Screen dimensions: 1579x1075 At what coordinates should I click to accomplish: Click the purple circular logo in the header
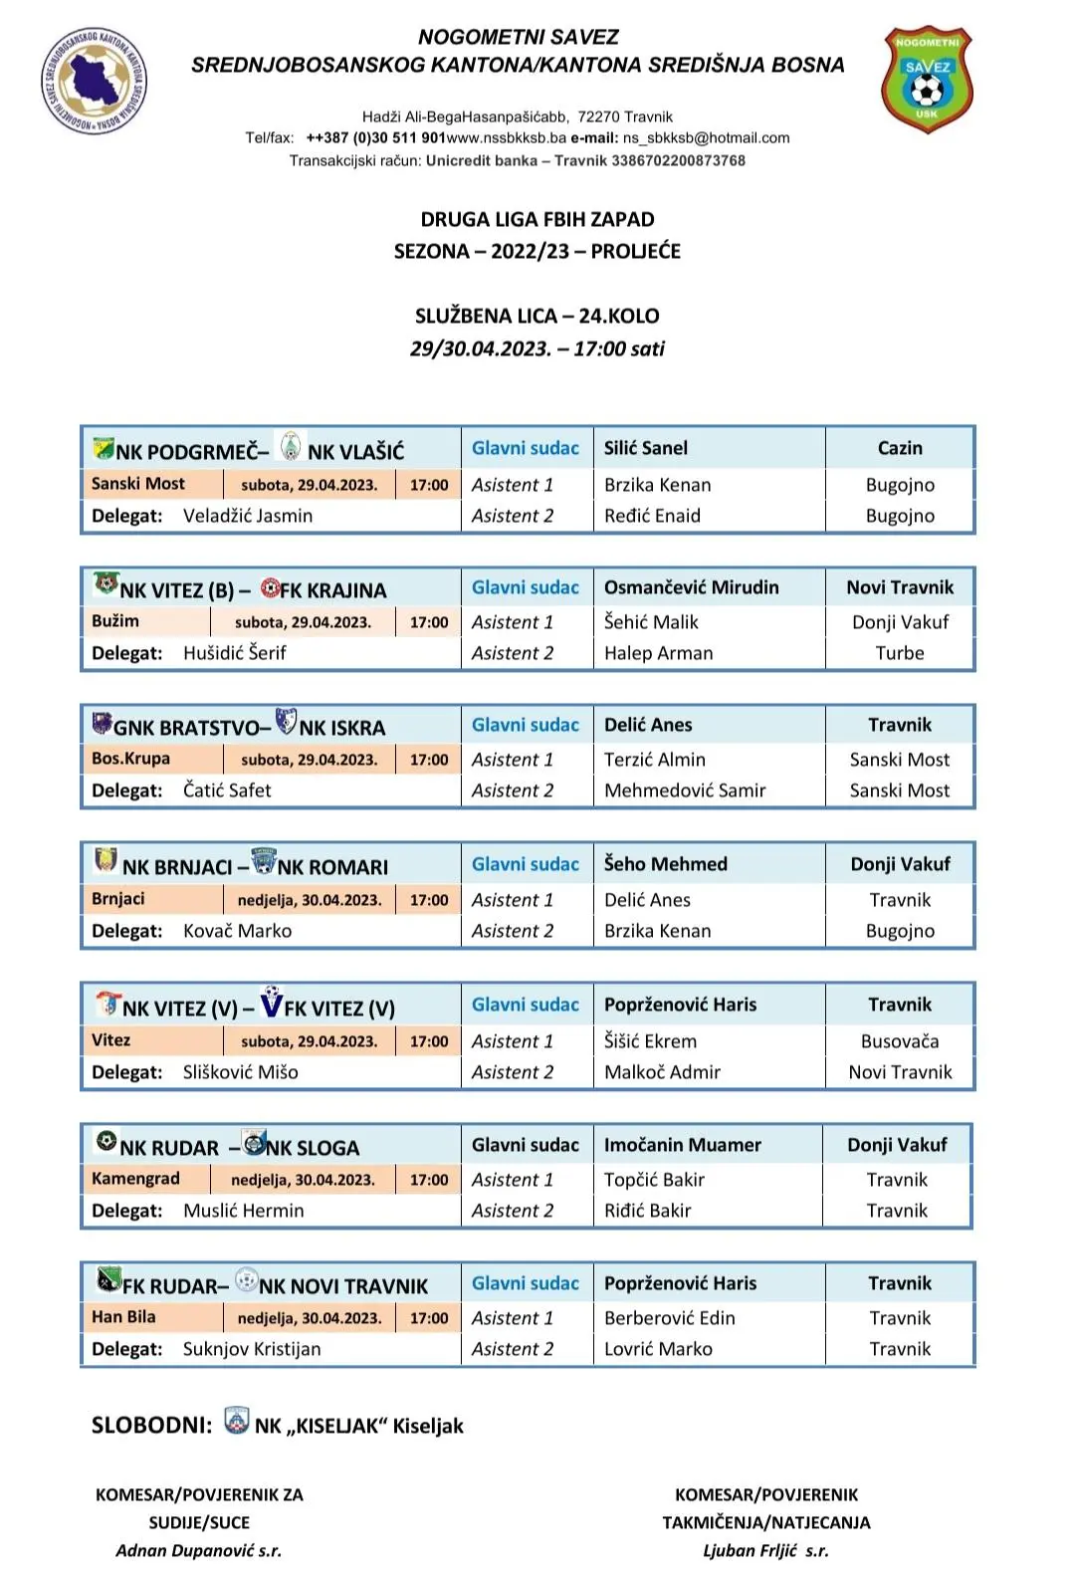(x=94, y=80)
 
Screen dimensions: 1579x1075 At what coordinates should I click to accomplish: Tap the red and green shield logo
(x=927, y=80)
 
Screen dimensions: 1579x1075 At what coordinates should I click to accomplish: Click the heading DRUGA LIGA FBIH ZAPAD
(x=537, y=219)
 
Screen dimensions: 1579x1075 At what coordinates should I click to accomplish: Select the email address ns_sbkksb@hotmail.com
(x=706, y=138)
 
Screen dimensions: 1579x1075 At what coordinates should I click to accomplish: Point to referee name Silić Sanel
(x=646, y=448)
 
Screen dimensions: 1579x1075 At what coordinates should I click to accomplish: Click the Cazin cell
(x=900, y=448)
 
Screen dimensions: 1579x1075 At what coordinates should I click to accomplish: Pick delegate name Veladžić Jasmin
(x=248, y=516)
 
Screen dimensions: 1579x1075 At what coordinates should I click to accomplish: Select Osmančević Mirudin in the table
(x=691, y=587)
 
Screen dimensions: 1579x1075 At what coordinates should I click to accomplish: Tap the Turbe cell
(x=900, y=653)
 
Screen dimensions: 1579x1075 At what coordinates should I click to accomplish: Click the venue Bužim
(x=115, y=621)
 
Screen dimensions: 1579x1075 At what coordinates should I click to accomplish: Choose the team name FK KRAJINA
(x=332, y=590)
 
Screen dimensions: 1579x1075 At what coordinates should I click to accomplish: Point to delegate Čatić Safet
(x=227, y=790)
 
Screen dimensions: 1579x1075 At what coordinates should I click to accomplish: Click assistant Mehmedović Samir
(x=685, y=790)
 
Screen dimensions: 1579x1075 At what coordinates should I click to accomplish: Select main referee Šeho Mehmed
(x=665, y=864)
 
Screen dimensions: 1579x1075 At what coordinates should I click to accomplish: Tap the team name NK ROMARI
(x=332, y=867)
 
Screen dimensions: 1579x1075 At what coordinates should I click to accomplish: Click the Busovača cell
(x=900, y=1041)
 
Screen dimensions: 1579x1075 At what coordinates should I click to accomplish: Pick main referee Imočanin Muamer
(x=682, y=1145)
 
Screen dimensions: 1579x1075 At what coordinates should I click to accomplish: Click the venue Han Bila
(x=123, y=1317)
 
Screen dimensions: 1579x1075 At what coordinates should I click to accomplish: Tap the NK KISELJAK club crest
(x=237, y=1422)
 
